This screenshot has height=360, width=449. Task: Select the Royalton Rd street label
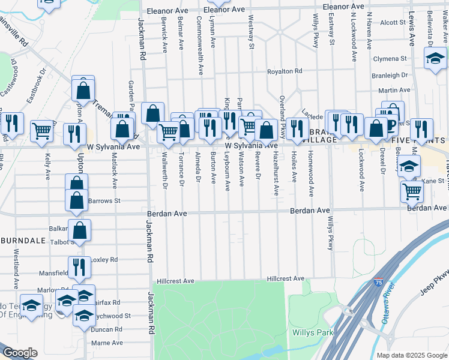pyautogui.click(x=285, y=71)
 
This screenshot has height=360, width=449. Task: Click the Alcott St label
pyautogui.click(x=393, y=22)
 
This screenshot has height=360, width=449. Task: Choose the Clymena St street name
pyautogui.click(x=390, y=59)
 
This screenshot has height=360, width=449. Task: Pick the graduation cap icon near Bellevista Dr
pyautogui.click(x=435, y=58)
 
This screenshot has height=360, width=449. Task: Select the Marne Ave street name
pyautogui.click(x=107, y=343)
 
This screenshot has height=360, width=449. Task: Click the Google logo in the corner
pyautogui.click(x=20, y=353)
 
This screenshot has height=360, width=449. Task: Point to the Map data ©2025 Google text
pyautogui.click(x=411, y=355)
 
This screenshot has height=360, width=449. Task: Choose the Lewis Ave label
pyautogui.click(x=412, y=30)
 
